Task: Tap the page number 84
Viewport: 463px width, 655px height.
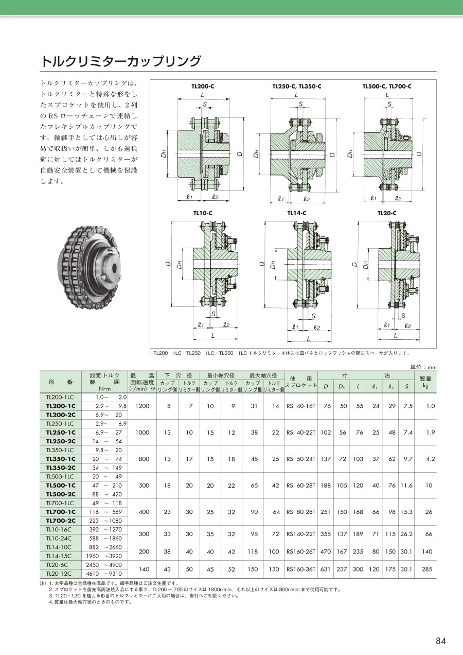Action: (441, 641)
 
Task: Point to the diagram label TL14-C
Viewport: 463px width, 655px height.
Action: (296, 213)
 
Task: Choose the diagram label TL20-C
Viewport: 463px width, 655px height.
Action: (387, 213)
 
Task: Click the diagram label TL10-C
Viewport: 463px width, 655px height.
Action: (203, 213)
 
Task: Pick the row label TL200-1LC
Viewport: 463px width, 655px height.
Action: (60, 397)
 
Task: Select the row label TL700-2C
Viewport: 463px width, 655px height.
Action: (61, 520)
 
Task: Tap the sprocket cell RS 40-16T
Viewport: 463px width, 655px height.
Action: (301, 406)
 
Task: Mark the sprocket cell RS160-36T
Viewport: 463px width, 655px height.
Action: (301, 570)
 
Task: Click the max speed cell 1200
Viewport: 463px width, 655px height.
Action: (143, 406)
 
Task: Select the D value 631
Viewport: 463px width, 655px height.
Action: (326, 570)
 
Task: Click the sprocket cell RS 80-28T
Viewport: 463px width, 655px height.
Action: (301, 512)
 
